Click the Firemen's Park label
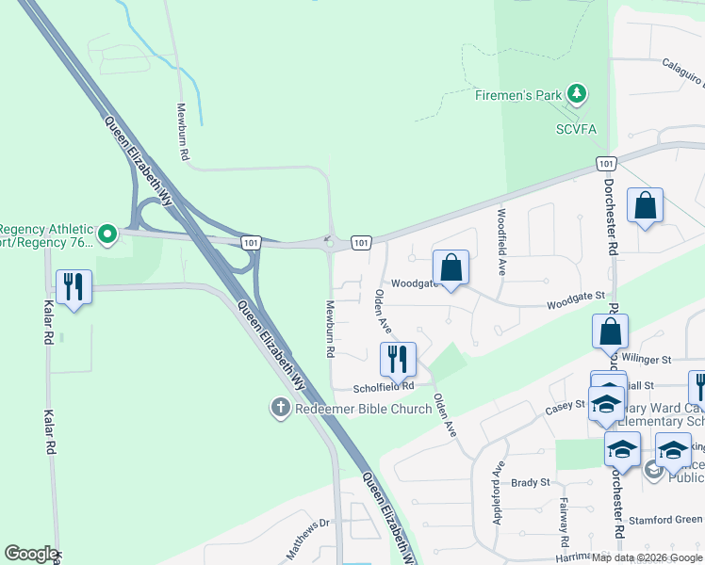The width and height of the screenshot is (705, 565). pos(517,94)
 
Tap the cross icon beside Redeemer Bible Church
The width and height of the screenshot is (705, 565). pos(279,408)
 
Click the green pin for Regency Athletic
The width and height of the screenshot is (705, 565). pos(107,233)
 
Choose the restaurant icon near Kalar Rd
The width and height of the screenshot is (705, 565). pos(74,286)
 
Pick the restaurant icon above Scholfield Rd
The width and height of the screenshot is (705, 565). pos(398,358)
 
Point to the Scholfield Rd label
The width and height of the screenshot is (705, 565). pos(384,386)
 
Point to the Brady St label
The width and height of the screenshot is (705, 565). pos(530,482)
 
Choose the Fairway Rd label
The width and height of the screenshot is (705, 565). pos(566,524)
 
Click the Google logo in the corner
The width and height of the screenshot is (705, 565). pos(30,554)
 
